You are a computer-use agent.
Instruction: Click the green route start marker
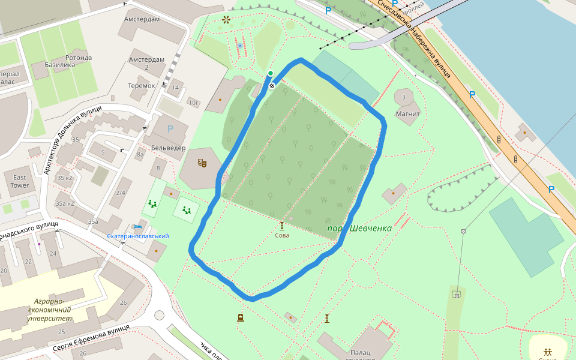click(x=271, y=74)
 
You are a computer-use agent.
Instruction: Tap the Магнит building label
click(x=407, y=113)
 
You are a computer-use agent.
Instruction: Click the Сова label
click(x=282, y=235)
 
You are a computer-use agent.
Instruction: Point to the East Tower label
click(x=20, y=181)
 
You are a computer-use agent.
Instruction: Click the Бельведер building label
click(x=168, y=148)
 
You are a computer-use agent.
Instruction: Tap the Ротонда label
click(x=77, y=58)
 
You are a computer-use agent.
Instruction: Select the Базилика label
click(x=59, y=65)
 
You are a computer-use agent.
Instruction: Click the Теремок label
click(x=141, y=86)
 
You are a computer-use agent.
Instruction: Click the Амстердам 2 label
click(x=146, y=63)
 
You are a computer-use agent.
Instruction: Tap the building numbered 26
click(x=124, y=302)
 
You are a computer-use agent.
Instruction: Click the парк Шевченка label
click(x=359, y=229)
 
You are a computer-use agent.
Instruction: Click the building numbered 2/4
click(x=121, y=193)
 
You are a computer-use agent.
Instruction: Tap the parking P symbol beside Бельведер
click(x=170, y=129)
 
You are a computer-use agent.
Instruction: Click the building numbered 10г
click(x=194, y=103)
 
